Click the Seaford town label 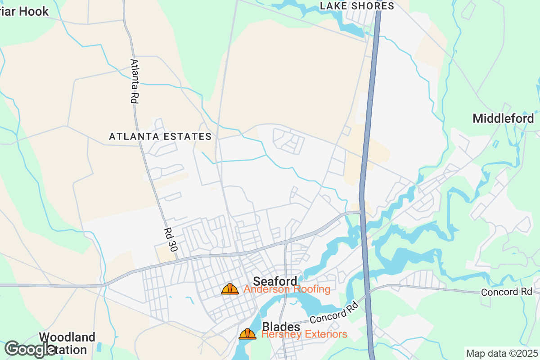(x=275, y=281)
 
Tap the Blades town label (x=281, y=326)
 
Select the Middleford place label (x=503, y=118)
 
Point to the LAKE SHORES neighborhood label (x=357, y=6)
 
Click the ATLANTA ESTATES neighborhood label (x=160, y=136)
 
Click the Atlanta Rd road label (x=134, y=81)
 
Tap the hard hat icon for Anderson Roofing (x=230, y=289)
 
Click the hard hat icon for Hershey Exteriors (x=247, y=334)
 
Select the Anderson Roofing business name (x=287, y=289)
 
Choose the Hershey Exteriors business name (x=304, y=334)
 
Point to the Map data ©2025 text (x=502, y=353)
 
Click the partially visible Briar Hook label (x=24, y=11)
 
